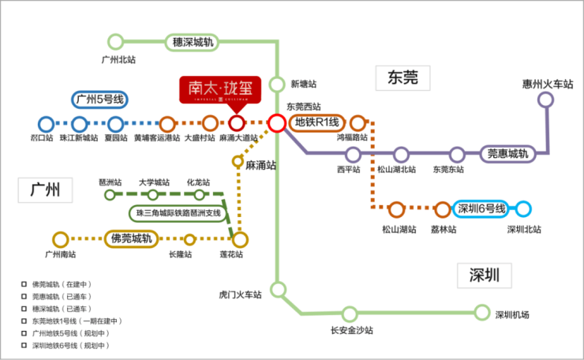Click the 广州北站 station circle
pyautogui.click(x=116, y=41)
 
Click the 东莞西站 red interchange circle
pyautogui.click(x=276, y=123)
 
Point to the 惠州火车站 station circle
pyautogui.click(x=545, y=99)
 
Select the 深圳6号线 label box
pyautogui.click(x=480, y=209)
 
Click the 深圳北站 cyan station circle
pyautogui.click(x=523, y=209)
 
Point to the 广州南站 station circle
pyautogui.click(x=60, y=238)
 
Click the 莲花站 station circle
pyautogui.click(x=240, y=238)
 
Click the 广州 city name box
pyautogui.click(x=45, y=190)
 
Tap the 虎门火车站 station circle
pyautogui.click(x=277, y=288)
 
